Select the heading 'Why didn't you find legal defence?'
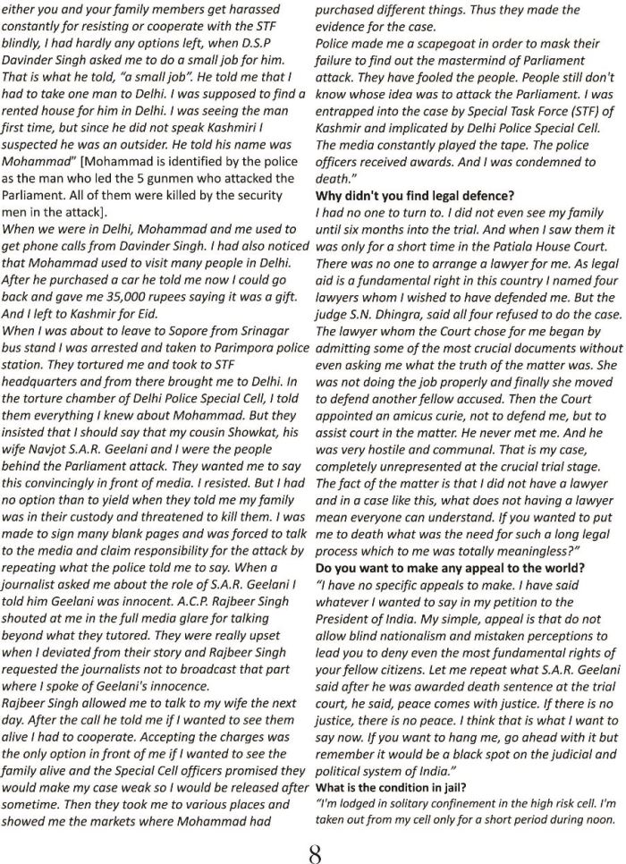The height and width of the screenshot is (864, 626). [x=416, y=195]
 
